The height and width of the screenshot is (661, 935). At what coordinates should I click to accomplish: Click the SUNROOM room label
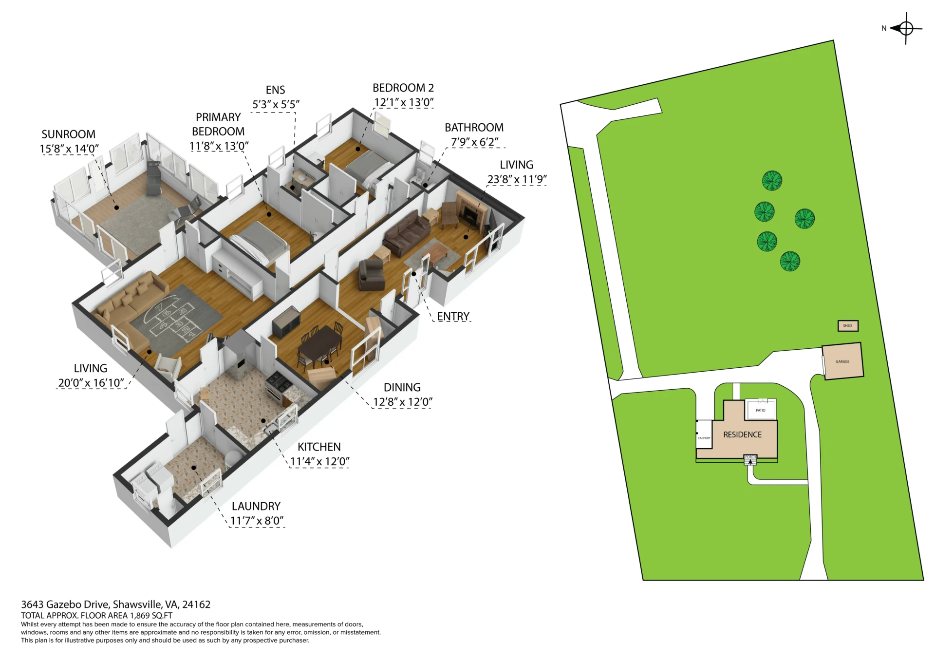tap(68, 134)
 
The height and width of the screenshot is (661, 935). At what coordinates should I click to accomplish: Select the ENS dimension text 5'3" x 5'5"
tap(276, 105)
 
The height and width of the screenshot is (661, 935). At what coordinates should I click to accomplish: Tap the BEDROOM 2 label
tap(403, 88)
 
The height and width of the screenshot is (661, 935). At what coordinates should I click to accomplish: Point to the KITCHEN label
tap(319, 447)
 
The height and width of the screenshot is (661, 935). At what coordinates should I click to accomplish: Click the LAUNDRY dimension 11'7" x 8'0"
tap(257, 521)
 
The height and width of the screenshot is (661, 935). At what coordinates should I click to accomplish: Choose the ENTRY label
tap(453, 317)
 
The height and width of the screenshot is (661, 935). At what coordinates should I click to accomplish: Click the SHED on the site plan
tap(848, 326)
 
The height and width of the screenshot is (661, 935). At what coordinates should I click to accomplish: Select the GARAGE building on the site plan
tap(843, 361)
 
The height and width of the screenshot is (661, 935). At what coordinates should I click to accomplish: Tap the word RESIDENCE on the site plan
tap(742, 435)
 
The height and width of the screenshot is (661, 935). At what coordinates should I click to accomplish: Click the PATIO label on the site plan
tap(760, 410)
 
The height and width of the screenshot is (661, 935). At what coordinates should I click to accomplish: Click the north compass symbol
tap(905, 29)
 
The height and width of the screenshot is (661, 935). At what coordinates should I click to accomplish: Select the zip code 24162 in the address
tap(196, 604)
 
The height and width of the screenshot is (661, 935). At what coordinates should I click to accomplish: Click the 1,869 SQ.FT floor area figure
tap(151, 616)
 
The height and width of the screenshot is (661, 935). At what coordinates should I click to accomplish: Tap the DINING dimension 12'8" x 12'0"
tap(403, 402)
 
